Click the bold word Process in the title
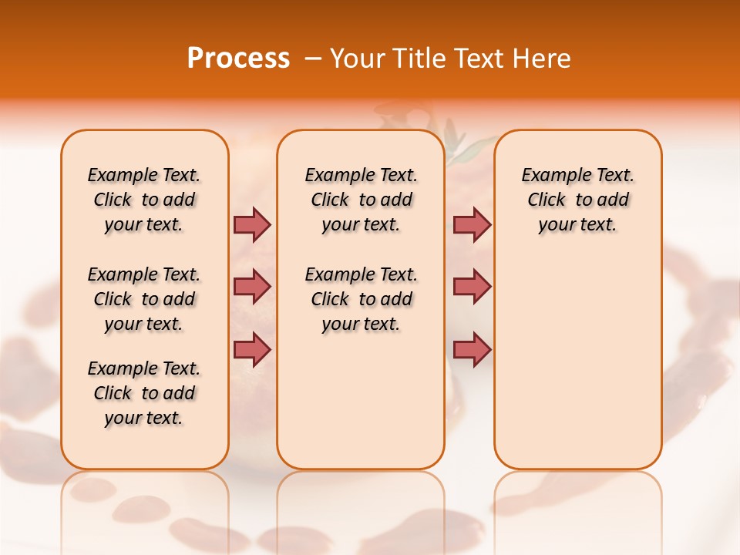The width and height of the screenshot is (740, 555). click(238, 59)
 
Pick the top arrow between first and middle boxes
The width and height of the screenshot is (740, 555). click(252, 224)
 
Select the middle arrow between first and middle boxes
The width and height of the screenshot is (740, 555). click(252, 287)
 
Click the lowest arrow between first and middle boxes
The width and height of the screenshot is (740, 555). click(252, 349)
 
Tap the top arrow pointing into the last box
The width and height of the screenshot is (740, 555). click(472, 224)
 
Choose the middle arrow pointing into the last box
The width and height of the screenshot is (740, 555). click(472, 287)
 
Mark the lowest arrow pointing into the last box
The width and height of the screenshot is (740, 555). click(472, 349)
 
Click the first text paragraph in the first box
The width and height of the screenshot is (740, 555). click(144, 200)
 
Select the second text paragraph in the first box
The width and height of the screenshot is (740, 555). click(144, 299)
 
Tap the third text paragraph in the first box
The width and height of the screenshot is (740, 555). click(144, 393)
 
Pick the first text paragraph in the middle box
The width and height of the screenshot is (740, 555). click(361, 200)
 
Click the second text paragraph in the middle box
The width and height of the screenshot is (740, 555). click(361, 299)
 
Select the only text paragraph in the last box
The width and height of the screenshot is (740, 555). click(577, 200)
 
